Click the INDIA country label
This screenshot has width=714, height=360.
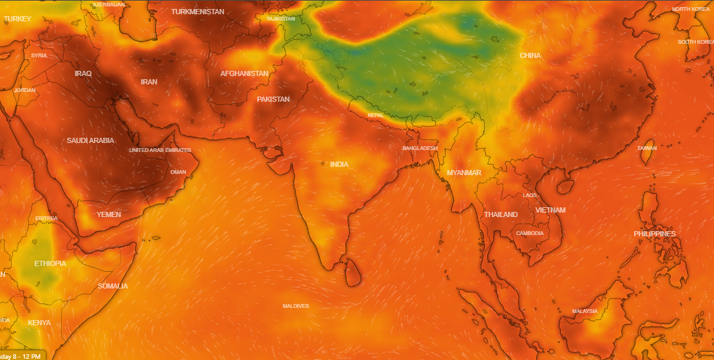pos(339,164)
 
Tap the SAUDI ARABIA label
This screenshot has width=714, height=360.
pos(90,140)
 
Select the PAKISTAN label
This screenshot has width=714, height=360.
pos(273,99)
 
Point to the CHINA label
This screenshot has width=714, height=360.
pos(530,55)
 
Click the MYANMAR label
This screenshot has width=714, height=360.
pos(464,173)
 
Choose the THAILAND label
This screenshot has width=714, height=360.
pos(500,214)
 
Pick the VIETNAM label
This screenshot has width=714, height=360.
pos(550,210)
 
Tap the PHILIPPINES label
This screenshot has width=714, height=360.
pos(654,234)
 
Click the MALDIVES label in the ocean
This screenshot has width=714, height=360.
pos(296,306)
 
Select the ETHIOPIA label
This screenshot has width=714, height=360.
pos(50,263)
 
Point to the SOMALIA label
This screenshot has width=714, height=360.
pos(113,286)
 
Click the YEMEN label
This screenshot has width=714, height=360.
pos(108,214)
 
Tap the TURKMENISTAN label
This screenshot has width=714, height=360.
pos(198,12)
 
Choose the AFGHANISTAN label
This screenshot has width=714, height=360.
pos(244,73)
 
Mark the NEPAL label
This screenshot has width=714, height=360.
pos(375,115)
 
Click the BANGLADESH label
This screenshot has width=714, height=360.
pos(420,148)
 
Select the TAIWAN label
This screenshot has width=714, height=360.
pos(647,148)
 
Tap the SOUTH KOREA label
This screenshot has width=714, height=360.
pos(695,42)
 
